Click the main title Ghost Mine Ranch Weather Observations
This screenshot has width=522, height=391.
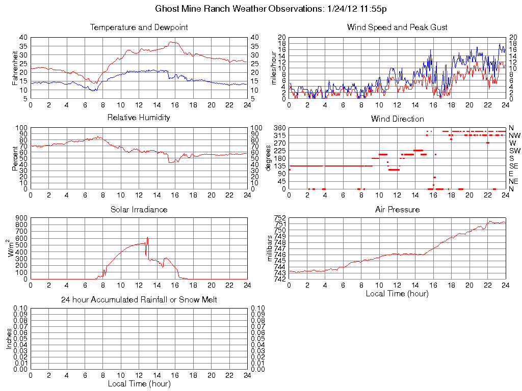[x=274, y=9]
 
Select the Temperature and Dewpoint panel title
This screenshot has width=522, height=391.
[x=139, y=27]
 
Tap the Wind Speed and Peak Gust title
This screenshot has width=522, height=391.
[x=397, y=27]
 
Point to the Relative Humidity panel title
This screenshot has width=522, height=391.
[x=139, y=118]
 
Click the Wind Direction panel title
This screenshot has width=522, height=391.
[x=397, y=119]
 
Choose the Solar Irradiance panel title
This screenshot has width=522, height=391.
[x=139, y=209]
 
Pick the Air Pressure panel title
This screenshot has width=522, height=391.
[x=397, y=209]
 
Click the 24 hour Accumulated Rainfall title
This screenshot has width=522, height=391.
[x=139, y=300]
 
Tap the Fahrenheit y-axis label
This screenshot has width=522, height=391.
[x=14, y=68]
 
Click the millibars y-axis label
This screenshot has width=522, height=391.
[x=270, y=248]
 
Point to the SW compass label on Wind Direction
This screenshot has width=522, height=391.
[x=514, y=151]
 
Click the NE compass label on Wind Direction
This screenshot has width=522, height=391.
[x=514, y=181]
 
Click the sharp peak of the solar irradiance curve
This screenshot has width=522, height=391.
[x=147, y=238]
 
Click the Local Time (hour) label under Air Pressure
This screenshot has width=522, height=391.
[x=397, y=293]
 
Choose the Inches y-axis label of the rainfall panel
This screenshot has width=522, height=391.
[x=9, y=339]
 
